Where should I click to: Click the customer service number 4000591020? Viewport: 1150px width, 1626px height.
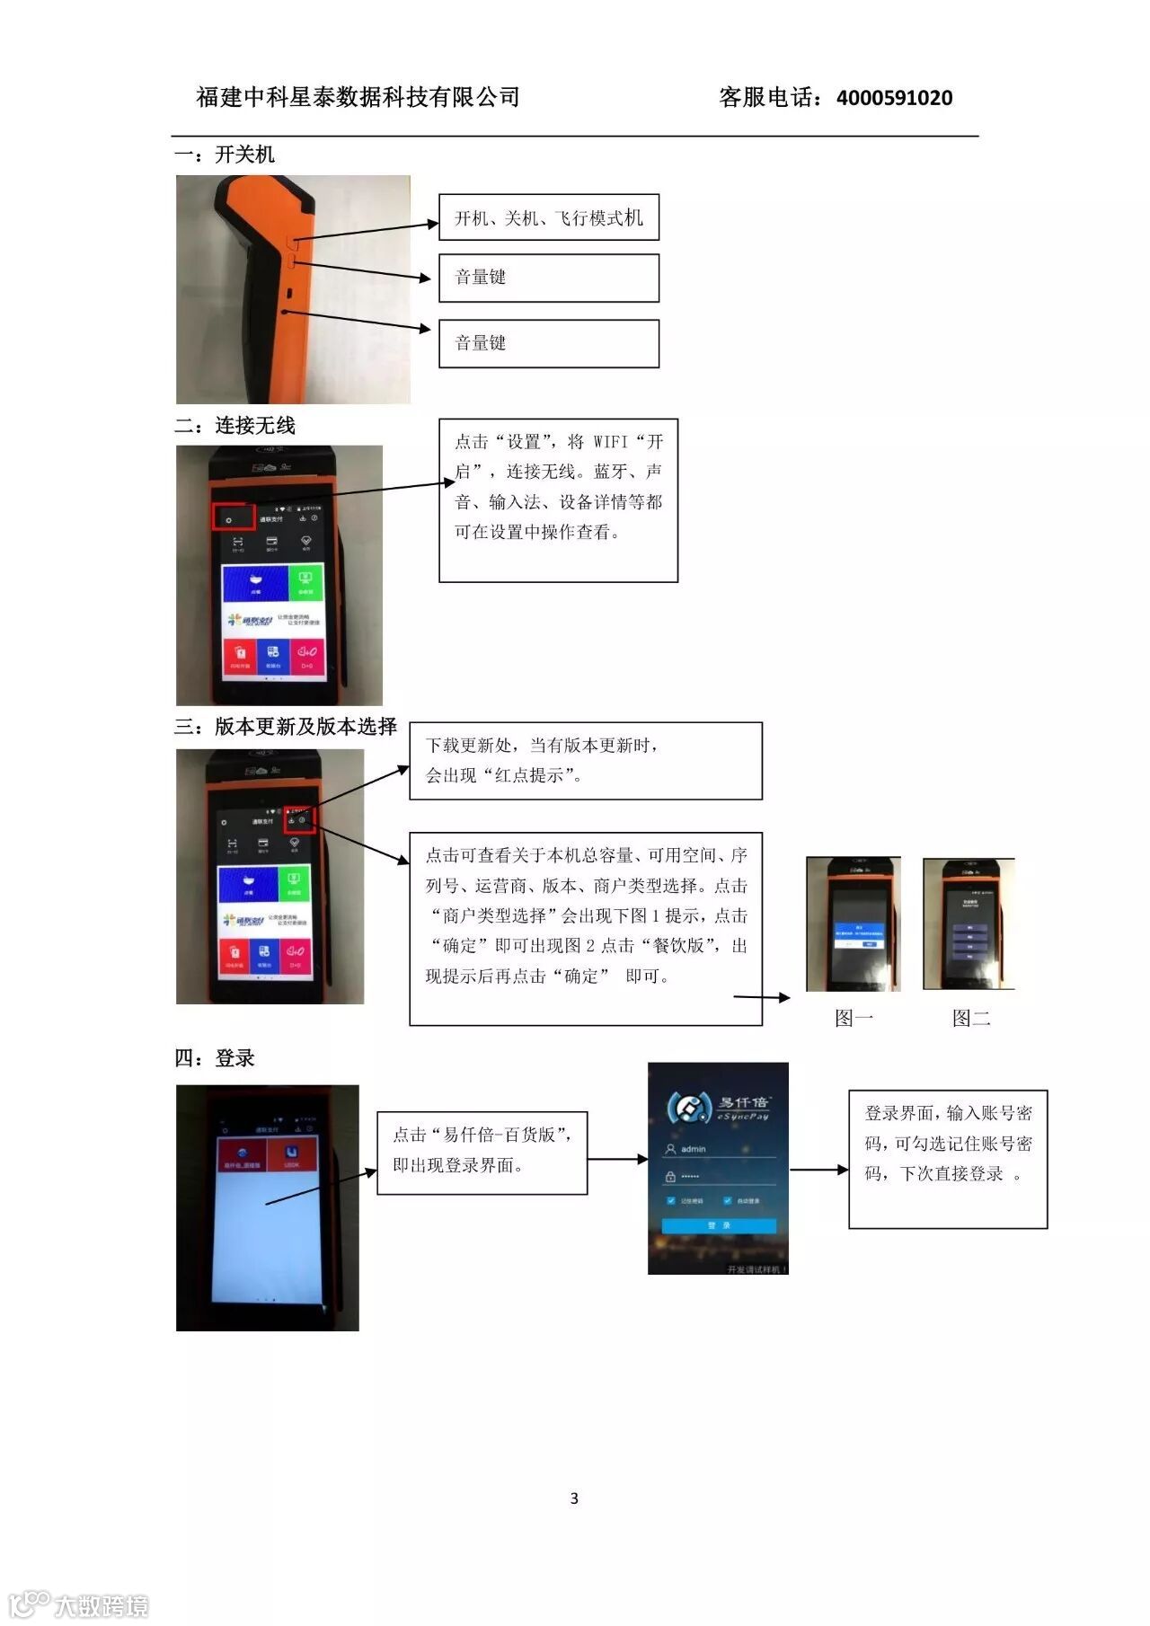tap(894, 98)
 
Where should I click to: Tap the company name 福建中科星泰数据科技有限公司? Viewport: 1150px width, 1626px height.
tap(358, 97)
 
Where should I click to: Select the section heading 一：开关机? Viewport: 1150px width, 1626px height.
tap(225, 155)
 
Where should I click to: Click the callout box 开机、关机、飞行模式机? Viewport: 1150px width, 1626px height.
tap(548, 217)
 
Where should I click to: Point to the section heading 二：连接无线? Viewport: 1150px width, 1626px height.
tap(235, 426)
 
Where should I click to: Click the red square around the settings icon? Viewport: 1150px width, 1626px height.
tap(234, 517)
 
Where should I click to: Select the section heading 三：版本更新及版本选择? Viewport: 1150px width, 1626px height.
tap(286, 727)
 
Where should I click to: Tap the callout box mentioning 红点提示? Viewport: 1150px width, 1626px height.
tap(585, 761)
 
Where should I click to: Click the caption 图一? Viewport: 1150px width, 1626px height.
tap(854, 1018)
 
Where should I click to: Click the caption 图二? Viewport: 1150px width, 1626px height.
tap(971, 1018)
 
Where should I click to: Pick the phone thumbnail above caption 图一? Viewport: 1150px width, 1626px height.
tap(853, 923)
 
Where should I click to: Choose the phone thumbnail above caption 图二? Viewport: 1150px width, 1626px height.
tap(969, 923)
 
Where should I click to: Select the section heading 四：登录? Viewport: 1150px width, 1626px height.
tap(215, 1058)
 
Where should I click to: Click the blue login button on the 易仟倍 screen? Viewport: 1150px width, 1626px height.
tap(719, 1225)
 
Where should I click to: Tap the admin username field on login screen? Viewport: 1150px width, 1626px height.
tap(719, 1149)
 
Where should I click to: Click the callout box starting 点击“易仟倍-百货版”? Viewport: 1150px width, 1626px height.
tap(482, 1152)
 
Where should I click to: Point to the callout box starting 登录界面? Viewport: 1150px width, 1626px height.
tap(948, 1159)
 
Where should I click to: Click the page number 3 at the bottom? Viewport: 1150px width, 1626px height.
tap(574, 1498)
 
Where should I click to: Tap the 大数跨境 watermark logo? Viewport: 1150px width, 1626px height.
tap(79, 1604)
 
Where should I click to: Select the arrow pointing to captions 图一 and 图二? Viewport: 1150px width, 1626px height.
tap(762, 997)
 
